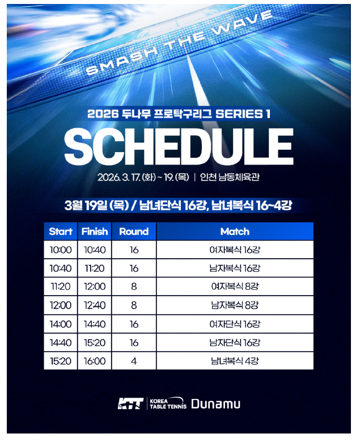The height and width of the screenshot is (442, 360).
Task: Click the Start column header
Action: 61,231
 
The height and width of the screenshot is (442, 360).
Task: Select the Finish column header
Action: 95,231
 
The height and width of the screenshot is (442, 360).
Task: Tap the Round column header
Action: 134,231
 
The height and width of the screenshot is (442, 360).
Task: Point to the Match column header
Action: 235,231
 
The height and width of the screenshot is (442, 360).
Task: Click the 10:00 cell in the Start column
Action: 61,250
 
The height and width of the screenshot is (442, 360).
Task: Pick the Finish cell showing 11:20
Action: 95,268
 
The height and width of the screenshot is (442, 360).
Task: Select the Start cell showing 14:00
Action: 61,324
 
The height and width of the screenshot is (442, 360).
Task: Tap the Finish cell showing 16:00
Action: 95,361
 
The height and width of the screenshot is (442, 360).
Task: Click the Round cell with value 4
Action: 134,361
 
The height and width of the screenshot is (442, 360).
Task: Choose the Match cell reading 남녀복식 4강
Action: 235,361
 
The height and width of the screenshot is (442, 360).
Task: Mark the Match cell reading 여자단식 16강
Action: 235,324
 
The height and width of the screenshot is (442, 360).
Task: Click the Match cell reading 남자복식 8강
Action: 235,305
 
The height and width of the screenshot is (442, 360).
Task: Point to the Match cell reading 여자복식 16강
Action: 235,250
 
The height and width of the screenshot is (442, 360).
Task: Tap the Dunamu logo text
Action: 216,403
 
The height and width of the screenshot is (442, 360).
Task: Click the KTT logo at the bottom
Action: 130,403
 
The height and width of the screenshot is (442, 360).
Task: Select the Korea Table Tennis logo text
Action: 168,403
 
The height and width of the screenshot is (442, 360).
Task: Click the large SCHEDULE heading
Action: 179,146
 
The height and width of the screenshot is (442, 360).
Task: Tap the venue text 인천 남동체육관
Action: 230,177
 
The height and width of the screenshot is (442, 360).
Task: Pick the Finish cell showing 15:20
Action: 95,343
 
